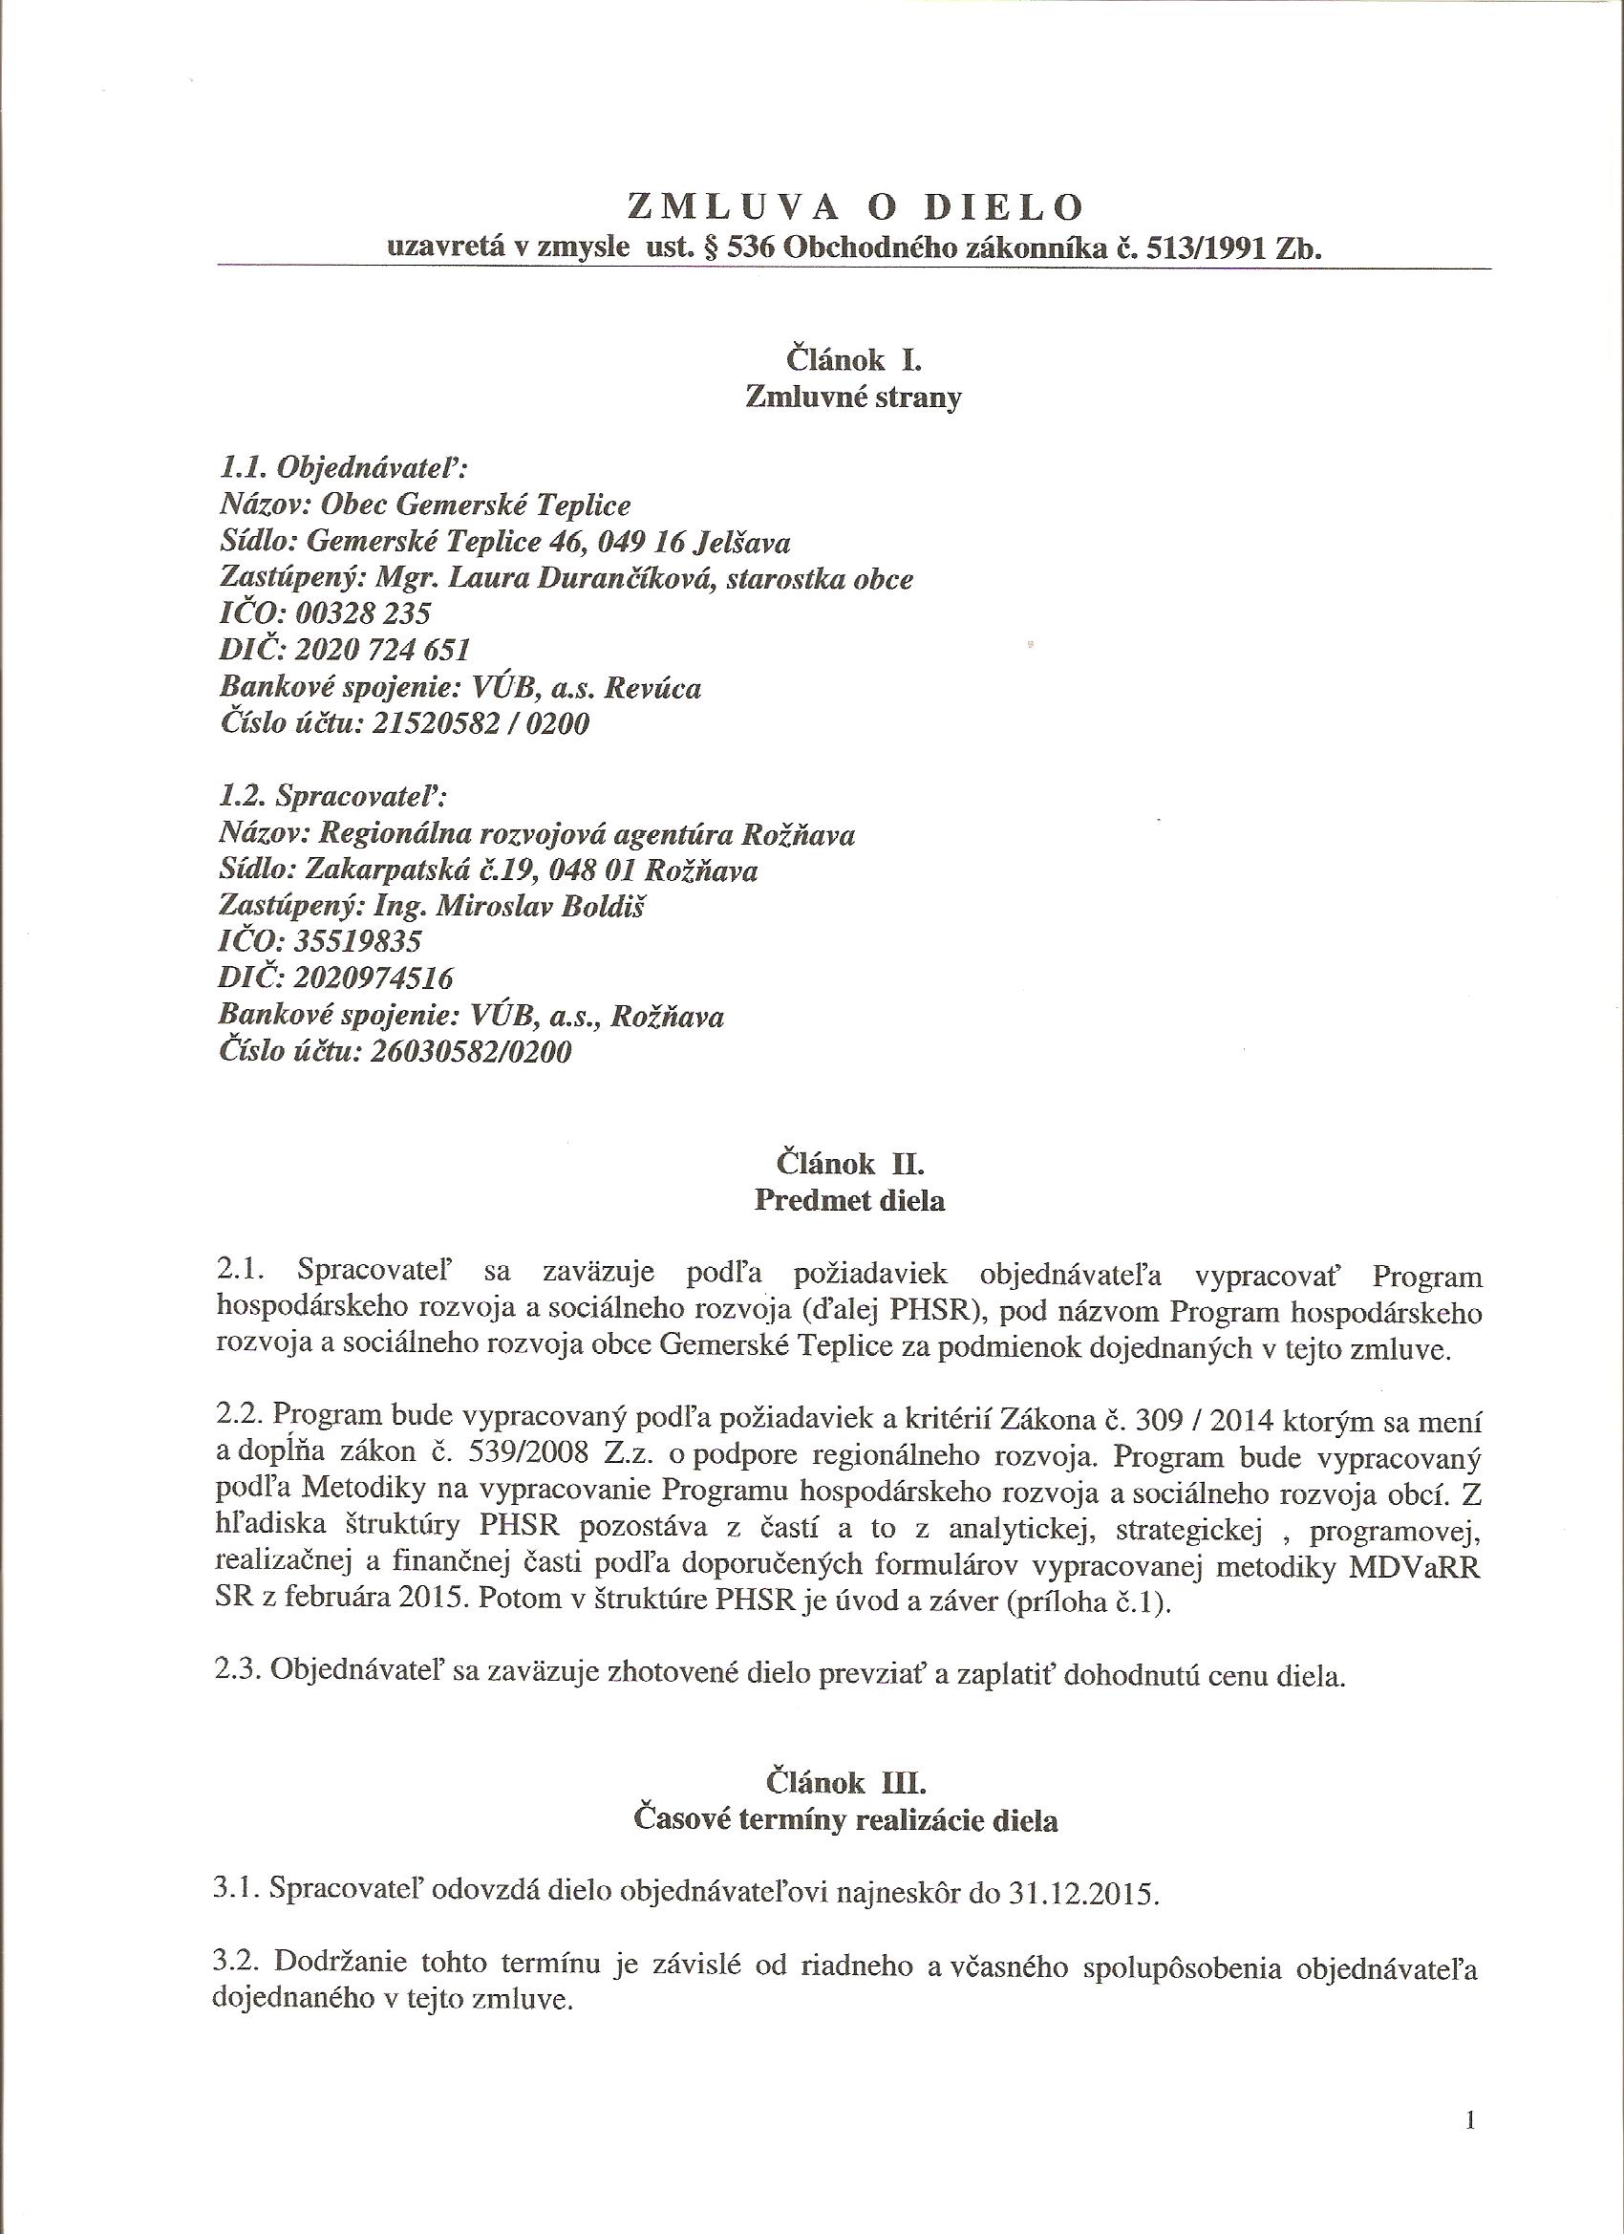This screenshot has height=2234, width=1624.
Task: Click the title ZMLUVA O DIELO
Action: click(x=854, y=206)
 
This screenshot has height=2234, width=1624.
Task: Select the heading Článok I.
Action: click(x=853, y=360)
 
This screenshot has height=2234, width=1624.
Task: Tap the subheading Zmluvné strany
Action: click(x=853, y=397)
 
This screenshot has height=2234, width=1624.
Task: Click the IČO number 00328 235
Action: click(x=362, y=614)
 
